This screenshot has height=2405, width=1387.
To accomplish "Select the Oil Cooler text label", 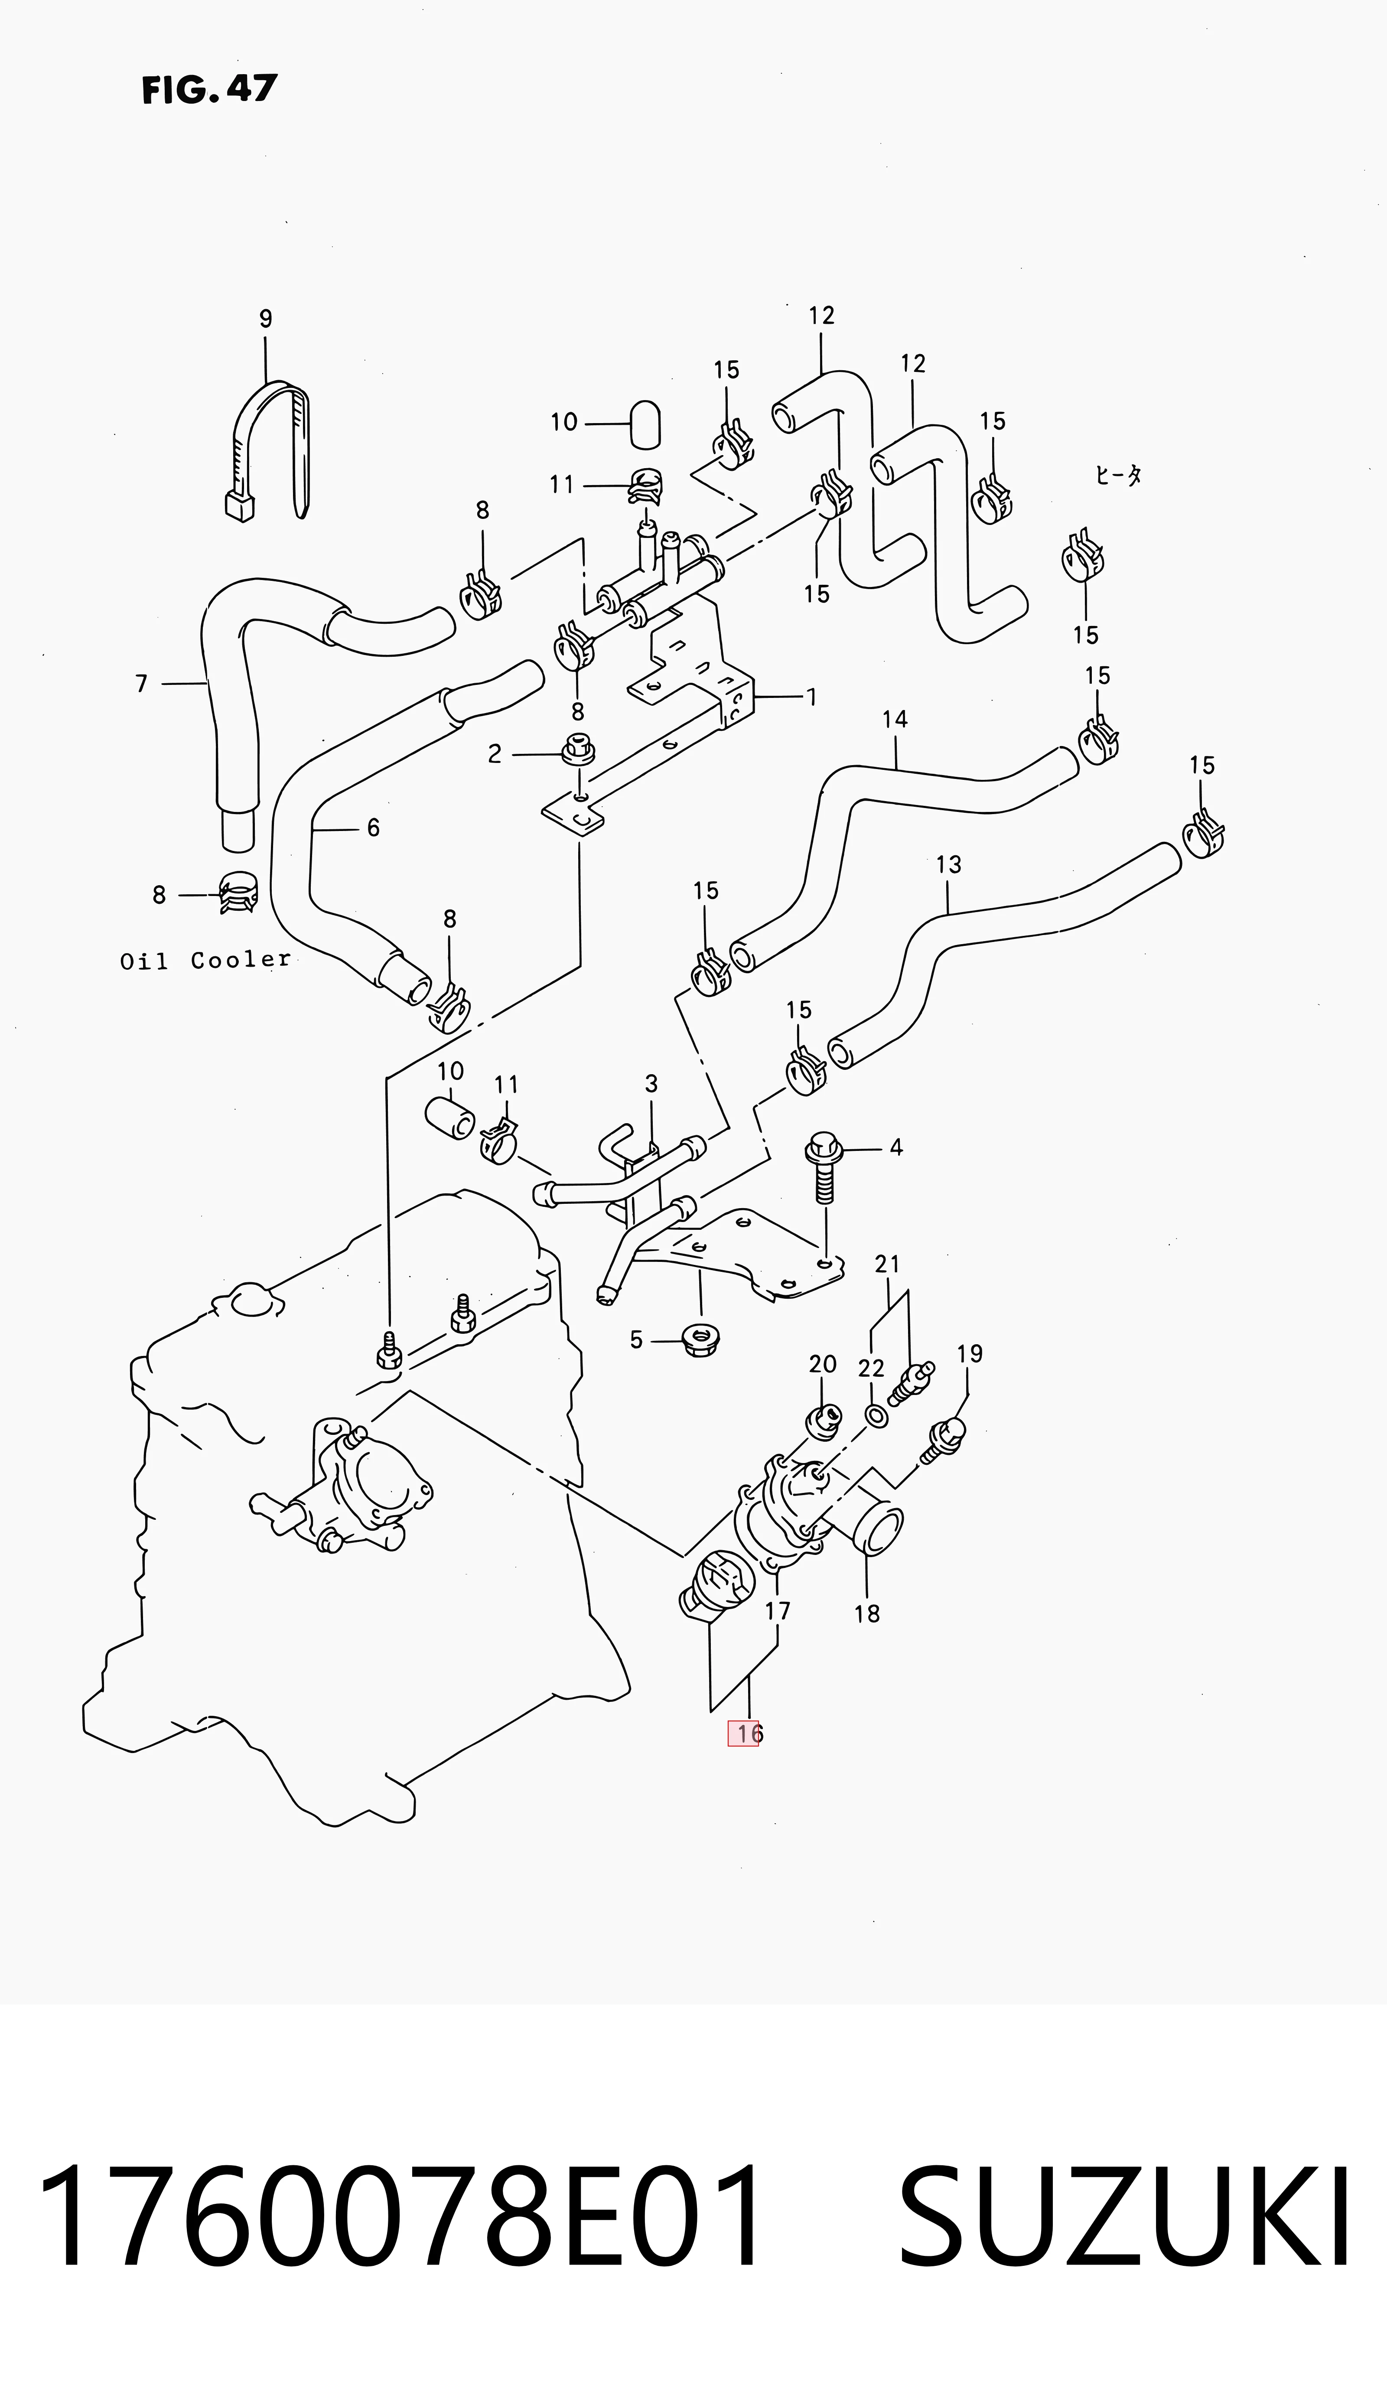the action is [x=205, y=960].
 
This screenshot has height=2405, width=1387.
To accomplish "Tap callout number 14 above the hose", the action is [x=895, y=719].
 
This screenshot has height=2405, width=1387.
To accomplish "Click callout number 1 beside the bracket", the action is [x=812, y=697].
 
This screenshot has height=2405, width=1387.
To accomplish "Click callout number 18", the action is [x=867, y=1613].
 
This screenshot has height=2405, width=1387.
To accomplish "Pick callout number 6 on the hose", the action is [x=374, y=828].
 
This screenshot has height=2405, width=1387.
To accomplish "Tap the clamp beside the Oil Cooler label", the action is [x=238, y=893].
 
